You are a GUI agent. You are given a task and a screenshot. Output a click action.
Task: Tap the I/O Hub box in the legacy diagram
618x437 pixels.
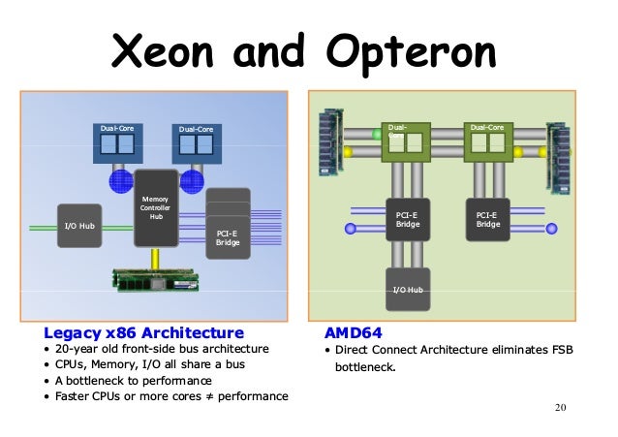78,227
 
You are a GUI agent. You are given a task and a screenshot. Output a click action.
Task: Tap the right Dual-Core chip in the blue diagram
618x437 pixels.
196,143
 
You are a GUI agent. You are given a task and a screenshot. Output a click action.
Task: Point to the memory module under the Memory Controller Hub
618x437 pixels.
156,278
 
